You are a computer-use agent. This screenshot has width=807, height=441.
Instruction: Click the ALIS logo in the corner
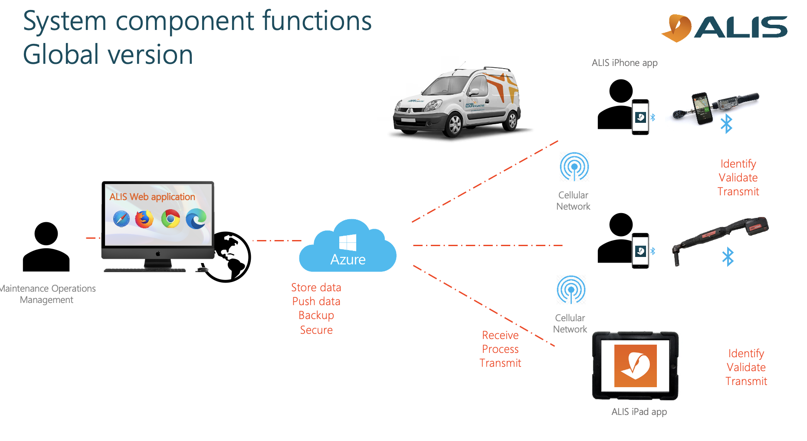tap(724, 28)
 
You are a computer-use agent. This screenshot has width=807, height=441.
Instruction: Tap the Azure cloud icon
tap(348, 247)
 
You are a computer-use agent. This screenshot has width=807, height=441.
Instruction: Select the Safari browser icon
tap(121, 219)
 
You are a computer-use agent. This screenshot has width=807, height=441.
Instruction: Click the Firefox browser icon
tap(144, 219)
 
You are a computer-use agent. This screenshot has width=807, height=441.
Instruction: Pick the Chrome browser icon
tap(171, 219)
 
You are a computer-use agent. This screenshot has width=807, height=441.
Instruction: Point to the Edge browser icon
tap(196, 219)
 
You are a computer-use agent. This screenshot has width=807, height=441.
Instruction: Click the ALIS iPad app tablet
tap(635, 365)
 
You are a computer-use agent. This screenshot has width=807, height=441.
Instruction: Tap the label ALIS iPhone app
tap(624, 63)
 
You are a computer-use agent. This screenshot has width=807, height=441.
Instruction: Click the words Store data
tap(316, 287)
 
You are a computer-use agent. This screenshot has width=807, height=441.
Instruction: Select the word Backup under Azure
tap(316, 316)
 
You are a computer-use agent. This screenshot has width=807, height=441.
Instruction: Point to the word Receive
tap(500, 335)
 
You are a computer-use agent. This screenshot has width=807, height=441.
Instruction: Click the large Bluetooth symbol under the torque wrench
tap(726, 124)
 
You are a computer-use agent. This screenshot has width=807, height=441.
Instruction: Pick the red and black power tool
tap(720, 236)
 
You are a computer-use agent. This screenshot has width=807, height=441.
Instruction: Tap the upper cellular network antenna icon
tap(574, 167)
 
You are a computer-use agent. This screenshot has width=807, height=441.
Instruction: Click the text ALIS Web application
tap(152, 197)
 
